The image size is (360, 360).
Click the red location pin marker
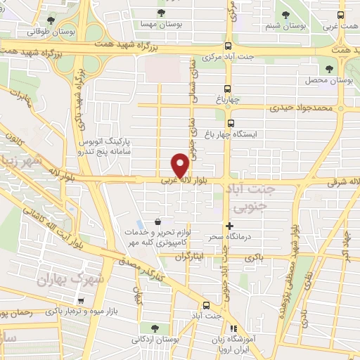pyautogui.click(x=181, y=165)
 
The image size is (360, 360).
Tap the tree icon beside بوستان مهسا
pyautogui.click(x=162, y=13)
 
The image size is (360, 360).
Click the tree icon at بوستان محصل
pyautogui.click(x=329, y=68)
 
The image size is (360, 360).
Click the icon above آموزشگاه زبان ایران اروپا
pyautogui.click(x=233, y=328)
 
